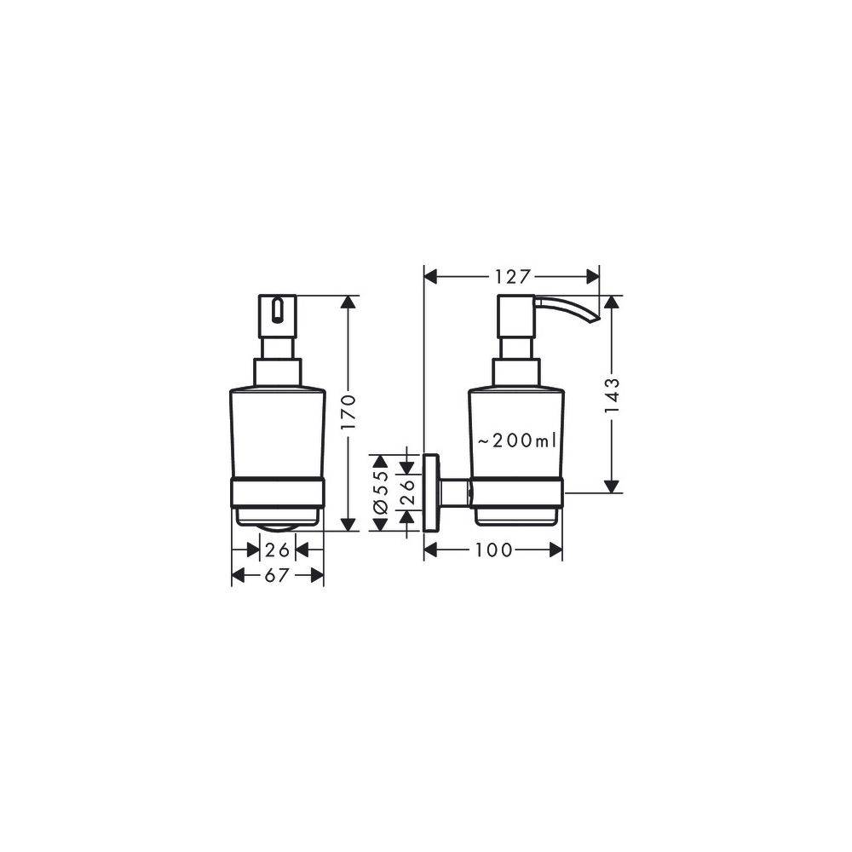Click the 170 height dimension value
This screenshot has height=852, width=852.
pos(347,412)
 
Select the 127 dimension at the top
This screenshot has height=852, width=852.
pos(512,276)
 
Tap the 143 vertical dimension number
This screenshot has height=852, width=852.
pos(611,394)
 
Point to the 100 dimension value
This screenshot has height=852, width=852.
pos(494,550)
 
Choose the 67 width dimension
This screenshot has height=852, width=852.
pos(276,576)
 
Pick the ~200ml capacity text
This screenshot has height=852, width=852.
pos(516,440)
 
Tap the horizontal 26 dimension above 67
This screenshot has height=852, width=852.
pos(277,550)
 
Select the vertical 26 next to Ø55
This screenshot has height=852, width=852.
pos(408,492)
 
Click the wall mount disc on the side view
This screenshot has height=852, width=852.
pos(432,492)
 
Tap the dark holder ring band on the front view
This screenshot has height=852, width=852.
pos(278,493)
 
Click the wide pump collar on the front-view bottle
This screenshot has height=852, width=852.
pos(278,373)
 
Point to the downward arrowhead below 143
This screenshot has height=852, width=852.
pos(611,486)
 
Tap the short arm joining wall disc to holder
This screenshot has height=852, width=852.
pos(456,492)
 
